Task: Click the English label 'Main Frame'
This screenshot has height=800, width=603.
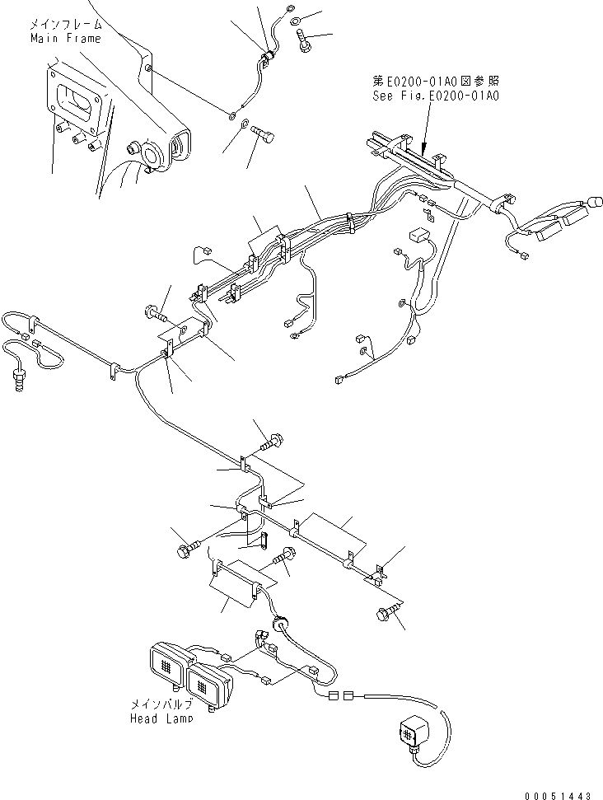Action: pos(65,39)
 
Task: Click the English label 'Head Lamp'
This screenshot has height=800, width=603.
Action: pos(161,718)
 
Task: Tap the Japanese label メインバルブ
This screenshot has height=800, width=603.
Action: pos(161,705)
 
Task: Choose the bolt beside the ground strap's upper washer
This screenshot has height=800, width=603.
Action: pos(306,39)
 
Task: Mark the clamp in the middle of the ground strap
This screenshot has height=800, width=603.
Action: pos(266,58)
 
